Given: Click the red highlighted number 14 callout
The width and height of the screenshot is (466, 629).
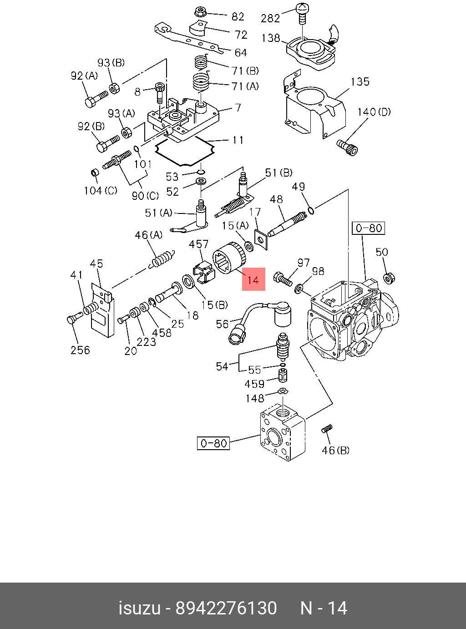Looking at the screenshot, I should pos(253,279).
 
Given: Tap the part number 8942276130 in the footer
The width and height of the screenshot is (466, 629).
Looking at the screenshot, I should pos(226,608).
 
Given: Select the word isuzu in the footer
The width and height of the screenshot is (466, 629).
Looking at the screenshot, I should pos(139,608).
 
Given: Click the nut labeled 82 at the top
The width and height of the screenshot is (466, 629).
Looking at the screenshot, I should pos(200,11).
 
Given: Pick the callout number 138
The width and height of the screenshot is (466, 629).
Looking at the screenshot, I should pos(271,38).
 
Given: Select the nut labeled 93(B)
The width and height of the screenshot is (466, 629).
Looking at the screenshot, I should pos(115,87).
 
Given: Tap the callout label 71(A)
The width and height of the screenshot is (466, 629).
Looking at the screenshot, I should pos(245,86).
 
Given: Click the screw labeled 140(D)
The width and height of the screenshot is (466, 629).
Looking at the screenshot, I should pos(348,147).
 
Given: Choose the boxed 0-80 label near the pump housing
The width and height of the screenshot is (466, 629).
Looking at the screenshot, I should pos(369,228).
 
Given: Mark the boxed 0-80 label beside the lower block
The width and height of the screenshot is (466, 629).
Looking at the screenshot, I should pos(213,443).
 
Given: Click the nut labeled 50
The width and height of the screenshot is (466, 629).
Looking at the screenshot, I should pos(388,277).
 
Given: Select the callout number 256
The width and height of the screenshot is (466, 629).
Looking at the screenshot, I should pos(80,350).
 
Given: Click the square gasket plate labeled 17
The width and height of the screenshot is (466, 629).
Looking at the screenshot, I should pos(261,239).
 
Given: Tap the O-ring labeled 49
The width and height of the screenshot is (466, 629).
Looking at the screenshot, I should pos(311,210).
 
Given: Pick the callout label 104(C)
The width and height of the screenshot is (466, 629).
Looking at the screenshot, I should pos(100,191).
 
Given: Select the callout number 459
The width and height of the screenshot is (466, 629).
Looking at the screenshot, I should pos(254,384).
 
